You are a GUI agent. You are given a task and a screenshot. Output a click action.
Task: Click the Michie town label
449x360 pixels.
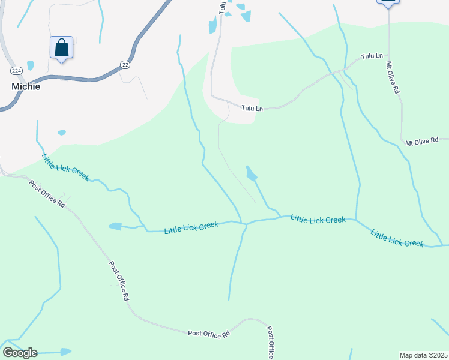tap(26, 86)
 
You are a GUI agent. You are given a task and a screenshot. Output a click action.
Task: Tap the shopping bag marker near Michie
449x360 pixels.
tap(61, 47)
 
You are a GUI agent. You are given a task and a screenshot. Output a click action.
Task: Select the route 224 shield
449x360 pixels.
tap(17, 71)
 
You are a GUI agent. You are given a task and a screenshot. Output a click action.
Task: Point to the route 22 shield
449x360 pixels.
tap(125, 65)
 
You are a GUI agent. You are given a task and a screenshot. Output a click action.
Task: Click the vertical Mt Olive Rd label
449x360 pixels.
tap(393, 77)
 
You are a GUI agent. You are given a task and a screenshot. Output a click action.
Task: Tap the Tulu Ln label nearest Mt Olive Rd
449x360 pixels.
tap(372, 56)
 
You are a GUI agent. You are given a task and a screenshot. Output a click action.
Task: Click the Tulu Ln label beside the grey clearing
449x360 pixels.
tap(252, 109)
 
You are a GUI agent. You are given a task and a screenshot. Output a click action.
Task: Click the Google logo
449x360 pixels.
tap(20, 353)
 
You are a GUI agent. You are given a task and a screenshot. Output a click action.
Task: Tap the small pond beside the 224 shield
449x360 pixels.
tap(31, 65)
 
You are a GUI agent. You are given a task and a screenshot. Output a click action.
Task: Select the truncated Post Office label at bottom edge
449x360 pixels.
tap(271, 343)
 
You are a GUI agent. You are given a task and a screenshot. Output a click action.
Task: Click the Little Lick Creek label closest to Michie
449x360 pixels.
tap(65, 167)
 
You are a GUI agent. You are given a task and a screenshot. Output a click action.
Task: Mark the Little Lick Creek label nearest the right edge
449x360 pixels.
tap(397, 238)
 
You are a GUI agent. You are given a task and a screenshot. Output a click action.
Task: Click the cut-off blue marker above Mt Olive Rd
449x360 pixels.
tap(388, 3)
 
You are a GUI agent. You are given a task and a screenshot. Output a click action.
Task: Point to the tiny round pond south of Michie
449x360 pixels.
tap(61, 132)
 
